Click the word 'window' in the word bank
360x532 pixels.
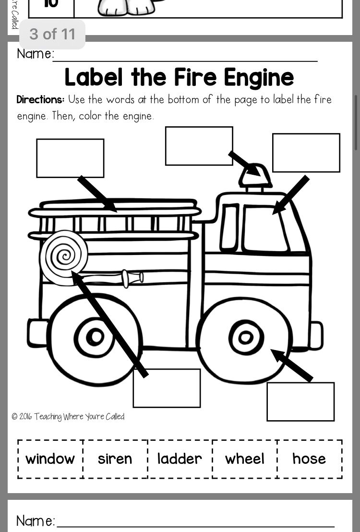(50, 459)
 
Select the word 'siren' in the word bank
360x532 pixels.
(115, 459)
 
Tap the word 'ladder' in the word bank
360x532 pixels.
(180, 459)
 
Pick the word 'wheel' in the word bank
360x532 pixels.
(244, 459)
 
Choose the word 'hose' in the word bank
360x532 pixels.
(309, 459)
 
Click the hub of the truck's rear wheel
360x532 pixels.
(95, 337)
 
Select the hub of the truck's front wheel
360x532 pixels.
(246, 338)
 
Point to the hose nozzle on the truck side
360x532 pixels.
(132, 278)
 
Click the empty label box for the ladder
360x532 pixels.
(70, 158)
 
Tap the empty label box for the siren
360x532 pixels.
(199, 145)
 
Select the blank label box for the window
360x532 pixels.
(306, 152)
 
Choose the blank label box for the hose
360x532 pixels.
(167, 388)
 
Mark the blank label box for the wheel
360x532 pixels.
(300, 401)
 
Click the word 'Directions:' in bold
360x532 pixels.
(40, 100)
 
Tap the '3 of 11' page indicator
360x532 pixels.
(52, 34)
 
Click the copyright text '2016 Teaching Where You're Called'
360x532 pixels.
(68, 417)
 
